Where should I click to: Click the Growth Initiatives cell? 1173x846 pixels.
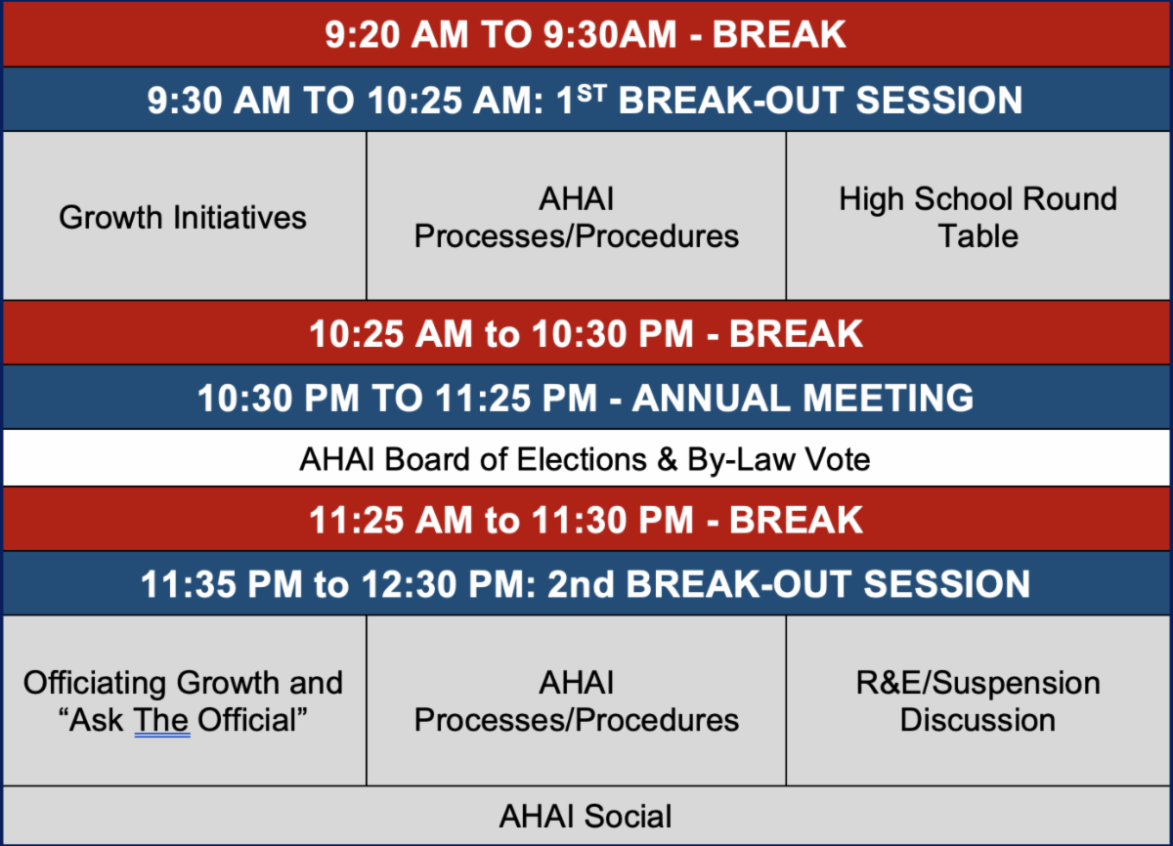pos(183,217)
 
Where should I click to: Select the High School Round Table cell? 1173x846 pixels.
pos(977,217)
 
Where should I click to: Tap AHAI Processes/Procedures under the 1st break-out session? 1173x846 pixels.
pos(576,217)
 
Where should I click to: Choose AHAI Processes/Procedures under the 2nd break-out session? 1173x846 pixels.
pos(576,701)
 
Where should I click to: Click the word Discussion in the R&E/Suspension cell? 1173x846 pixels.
pos(977,720)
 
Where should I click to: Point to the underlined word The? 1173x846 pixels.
pos(161,720)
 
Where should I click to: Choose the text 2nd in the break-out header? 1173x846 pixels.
pos(581,584)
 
